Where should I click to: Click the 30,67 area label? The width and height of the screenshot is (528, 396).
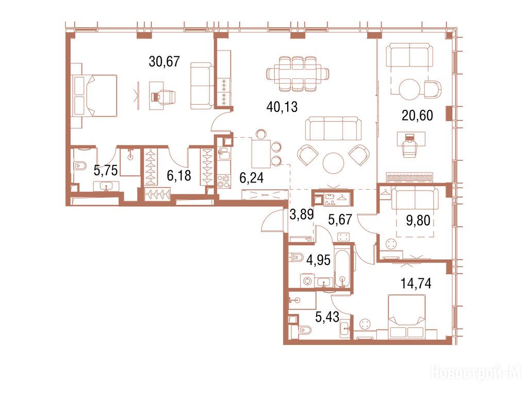pos(164,62)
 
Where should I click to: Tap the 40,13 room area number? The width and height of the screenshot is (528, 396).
pos(282,107)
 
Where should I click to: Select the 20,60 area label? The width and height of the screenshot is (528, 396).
pos(417,115)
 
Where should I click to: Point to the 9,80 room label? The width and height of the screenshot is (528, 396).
pos(418,221)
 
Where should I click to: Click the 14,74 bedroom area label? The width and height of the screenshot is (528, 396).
pos(416,284)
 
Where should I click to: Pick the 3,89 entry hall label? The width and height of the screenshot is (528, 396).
pos(302,214)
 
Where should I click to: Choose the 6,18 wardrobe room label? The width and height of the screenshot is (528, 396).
pos(179,175)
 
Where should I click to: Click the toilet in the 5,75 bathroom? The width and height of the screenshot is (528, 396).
pos(80,166)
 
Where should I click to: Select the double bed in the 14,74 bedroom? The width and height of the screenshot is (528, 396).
pos(407,317)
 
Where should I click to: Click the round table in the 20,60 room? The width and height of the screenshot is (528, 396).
pos(409,89)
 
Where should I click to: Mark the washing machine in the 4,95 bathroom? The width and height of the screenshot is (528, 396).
pos(307,281)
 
